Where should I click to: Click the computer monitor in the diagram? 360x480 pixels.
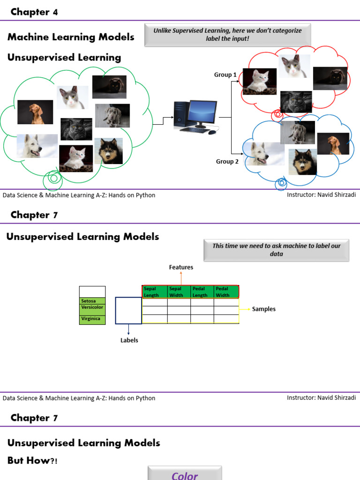[x=203, y=113]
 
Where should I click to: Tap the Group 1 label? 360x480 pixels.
[x=225, y=75]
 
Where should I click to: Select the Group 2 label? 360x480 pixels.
[x=227, y=162]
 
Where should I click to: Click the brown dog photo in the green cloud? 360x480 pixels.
[x=35, y=112]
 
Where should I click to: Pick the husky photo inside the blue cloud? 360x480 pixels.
[x=302, y=162]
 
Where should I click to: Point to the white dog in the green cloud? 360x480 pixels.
[x=37, y=146]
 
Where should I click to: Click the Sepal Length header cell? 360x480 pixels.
[x=154, y=292]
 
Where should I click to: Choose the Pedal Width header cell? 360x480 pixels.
[x=226, y=292]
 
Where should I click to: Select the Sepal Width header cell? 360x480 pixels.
[x=179, y=292]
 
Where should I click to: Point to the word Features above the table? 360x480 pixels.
[x=181, y=267]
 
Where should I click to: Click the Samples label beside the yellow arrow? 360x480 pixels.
[x=264, y=309]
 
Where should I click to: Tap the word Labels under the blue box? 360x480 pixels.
[x=129, y=340]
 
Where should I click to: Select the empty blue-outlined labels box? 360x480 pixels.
[x=128, y=310]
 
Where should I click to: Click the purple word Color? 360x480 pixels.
[x=185, y=475]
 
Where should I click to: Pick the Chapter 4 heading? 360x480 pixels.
[x=34, y=12]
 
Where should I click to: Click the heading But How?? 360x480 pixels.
[x=32, y=461]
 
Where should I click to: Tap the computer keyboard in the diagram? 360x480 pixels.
[x=195, y=130]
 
